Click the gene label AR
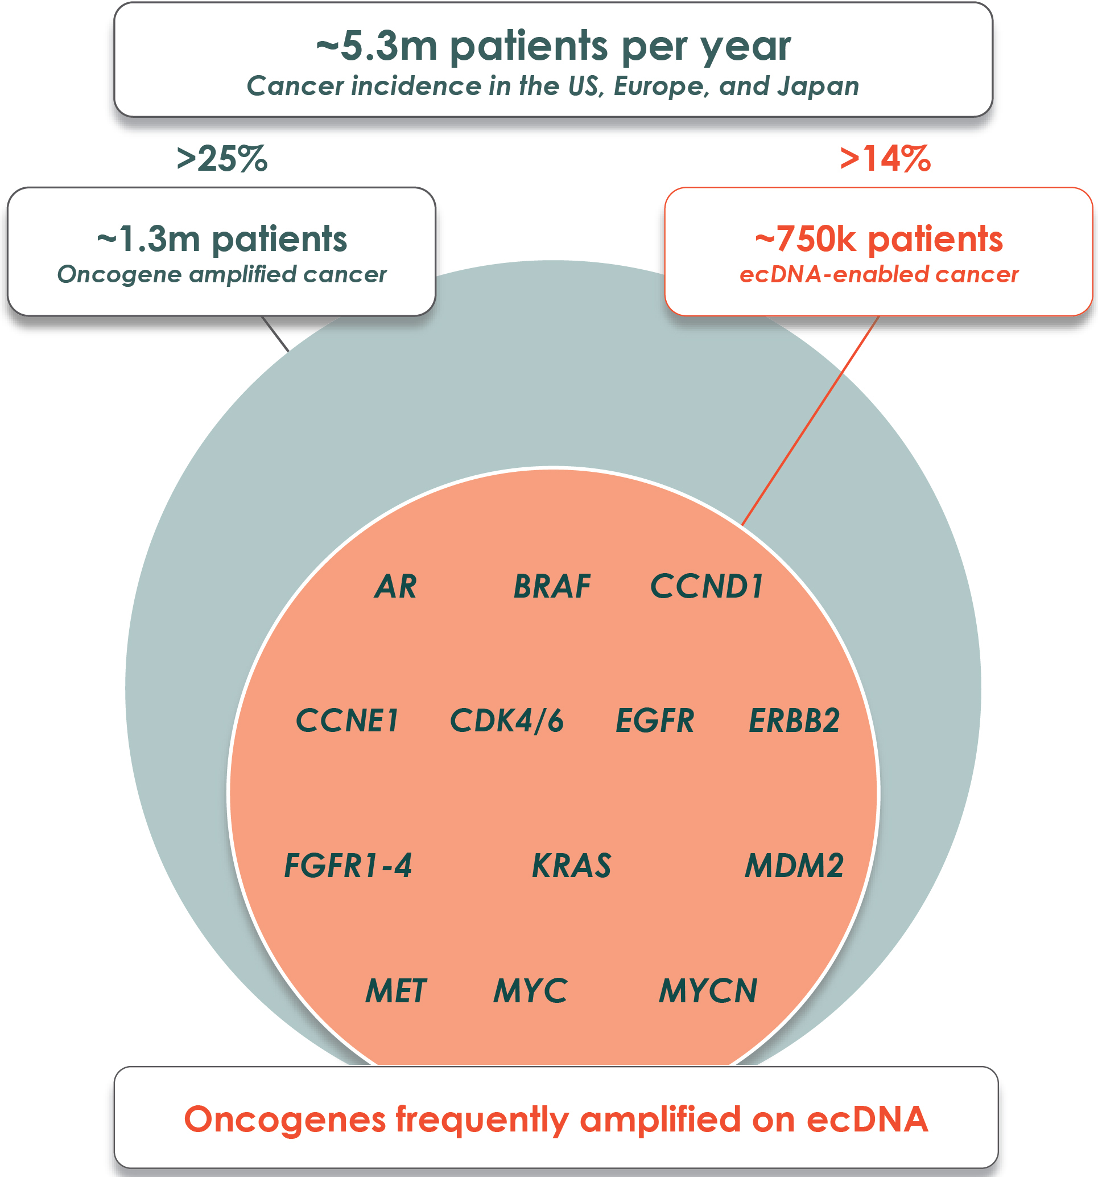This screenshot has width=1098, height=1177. pos(395,587)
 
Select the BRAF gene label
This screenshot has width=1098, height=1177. pos(552,587)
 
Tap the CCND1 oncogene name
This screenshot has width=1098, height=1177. pos(707,587)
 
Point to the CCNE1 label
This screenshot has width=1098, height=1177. pos(347,721)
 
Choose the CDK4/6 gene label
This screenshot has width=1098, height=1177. pos(507,721)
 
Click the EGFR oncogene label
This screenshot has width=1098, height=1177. pos(655,721)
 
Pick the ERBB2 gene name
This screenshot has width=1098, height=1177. pos(794,721)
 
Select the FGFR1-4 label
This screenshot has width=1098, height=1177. pos(348,866)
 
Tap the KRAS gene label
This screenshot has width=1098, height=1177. pos(572,866)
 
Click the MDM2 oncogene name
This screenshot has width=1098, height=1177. pos(794,866)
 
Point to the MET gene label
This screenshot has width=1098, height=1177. pos(395,991)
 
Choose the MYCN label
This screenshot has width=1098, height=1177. pos(708,991)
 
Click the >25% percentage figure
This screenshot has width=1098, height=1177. pos(222,159)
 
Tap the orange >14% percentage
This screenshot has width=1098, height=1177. pos(885,159)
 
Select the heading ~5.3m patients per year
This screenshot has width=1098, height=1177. pos(554,46)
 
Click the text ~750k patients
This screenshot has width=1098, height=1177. pos(879,238)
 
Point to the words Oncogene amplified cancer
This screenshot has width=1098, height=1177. pos(222,275)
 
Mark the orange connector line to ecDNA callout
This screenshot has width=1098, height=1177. pos(811,421)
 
